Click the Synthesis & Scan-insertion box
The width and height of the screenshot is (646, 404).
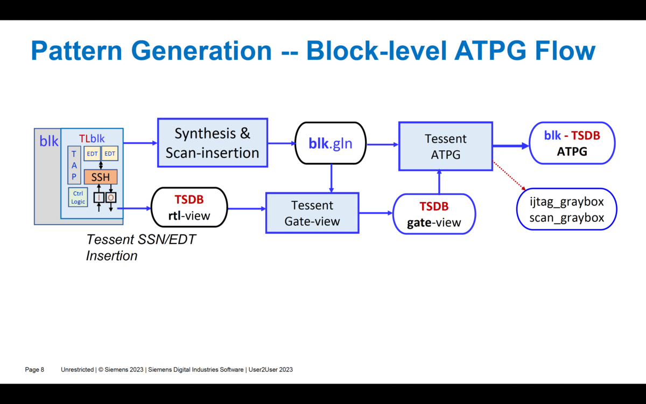pos(212,143)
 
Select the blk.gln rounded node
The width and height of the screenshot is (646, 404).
pos(330,143)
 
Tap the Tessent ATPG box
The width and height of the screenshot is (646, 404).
pos(445,147)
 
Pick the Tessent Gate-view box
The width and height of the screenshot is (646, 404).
pos(312,213)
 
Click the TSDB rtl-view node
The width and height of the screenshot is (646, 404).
pos(189,208)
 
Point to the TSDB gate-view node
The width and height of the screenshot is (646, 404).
pos(434,214)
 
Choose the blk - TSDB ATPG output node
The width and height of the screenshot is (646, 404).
pos(572,143)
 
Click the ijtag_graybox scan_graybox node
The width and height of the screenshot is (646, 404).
pos(566,210)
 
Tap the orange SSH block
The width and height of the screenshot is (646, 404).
pos(101,177)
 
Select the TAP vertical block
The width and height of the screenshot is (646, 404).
pos(74,166)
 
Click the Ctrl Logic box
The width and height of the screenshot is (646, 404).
pos(78,198)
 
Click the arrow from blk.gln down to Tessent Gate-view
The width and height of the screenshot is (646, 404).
pos(331,178)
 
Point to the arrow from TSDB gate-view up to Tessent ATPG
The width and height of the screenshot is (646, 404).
pos(439,182)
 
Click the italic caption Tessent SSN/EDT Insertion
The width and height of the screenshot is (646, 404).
pos(141,247)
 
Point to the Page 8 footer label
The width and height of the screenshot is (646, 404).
pos(34,370)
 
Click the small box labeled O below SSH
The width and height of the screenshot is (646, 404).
pos(111,198)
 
